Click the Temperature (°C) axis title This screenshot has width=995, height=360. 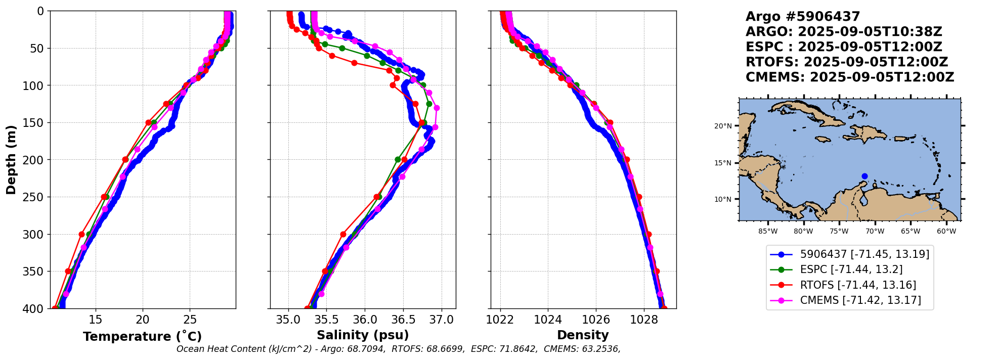pos(142,337)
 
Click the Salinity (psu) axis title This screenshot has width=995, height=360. pos(363,335)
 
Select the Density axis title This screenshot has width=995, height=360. pos(583,335)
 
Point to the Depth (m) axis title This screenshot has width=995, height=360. pos(11,160)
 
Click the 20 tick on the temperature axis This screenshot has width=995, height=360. pos(143,320)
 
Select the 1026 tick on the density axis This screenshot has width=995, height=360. pos(596,320)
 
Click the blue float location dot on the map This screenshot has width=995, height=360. pos(864,176)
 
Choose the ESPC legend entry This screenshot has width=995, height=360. pos(851,269)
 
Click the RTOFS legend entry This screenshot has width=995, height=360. pos(858,285)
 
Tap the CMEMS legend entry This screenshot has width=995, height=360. pos(860,300)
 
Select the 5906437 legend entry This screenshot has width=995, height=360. pos(864,254)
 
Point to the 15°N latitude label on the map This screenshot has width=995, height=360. pos(723,163)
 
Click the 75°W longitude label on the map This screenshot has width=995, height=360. pos(839,232)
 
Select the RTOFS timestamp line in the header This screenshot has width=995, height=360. pos(847,62)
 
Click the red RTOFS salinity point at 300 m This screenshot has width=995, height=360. pos(343,234)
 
